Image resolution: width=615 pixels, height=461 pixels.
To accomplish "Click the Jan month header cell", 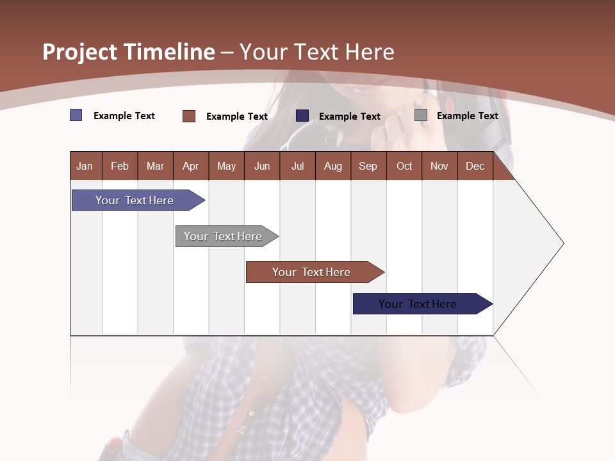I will point(85,166).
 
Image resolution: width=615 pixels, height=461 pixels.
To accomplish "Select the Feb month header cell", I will point(120,166).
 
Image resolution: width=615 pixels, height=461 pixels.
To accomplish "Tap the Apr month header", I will point(191,166).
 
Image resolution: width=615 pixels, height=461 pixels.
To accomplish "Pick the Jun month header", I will point(262,166).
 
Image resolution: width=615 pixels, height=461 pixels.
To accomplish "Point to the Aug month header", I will point(333,166).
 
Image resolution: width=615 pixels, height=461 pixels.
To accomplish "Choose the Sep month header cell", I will point(368,166).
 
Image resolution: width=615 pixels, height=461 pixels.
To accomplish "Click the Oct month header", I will point(404,166).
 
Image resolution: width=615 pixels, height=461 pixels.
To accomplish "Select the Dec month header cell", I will point(475,166).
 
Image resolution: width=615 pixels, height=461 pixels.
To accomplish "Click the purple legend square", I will point(76,115).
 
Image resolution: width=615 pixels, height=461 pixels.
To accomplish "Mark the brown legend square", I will point(189,116).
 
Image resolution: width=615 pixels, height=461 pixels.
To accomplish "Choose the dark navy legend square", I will point(302,116).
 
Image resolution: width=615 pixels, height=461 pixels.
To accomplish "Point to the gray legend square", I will point(421,115).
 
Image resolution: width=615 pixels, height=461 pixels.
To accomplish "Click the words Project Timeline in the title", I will point(129,52).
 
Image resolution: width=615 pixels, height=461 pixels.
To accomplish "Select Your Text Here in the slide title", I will point(317,52).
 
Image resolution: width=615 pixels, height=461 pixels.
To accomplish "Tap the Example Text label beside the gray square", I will point(467,115).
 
